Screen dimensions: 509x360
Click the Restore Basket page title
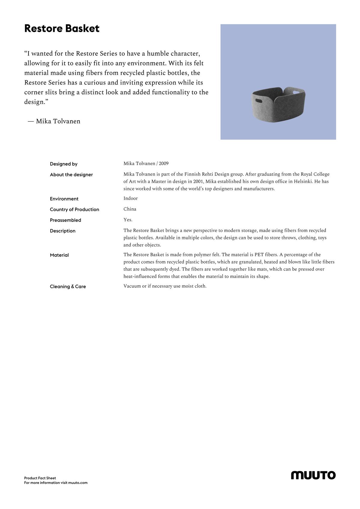pos(62,29)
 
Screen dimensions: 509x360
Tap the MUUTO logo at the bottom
pos(313,475)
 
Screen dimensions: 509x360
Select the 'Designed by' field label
pos(64,164)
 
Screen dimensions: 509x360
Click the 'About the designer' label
pos(71,175)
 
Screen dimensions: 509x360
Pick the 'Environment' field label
pos(64,199)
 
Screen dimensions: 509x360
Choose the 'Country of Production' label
pos(74,210)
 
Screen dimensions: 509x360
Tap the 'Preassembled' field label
pos(65,220)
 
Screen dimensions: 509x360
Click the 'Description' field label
pos(63,231)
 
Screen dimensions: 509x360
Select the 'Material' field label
pos(59,255)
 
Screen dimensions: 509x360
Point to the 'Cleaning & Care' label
pos(68,287)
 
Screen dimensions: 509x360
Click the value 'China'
pos(130,209)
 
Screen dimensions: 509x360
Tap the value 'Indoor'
pos(130,198)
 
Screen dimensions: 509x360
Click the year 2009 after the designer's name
pos(164,164)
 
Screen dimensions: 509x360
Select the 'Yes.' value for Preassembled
pos(128,220)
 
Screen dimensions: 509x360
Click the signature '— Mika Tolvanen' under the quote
pos(54,121)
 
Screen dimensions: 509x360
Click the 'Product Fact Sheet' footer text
pos(40,478)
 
